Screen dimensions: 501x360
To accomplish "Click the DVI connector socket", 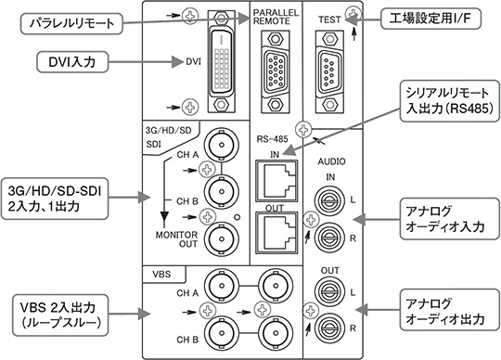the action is pyautogui.click(x=220, y=61).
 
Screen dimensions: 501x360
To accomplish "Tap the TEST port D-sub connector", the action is pyautogui.click(x=329, y=71).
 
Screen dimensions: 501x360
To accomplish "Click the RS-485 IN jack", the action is pyautogui.click(x=276, y=181).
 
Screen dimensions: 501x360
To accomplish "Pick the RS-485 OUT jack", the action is pyautogui.click(x=276, y=231).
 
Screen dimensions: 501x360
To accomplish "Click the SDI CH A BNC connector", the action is pyautogui.click(x=221, y=145).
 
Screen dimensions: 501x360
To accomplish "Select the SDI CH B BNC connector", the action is pyautogui.click(x=221, y=191).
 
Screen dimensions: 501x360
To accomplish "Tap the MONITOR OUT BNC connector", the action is pyautogui.click(x=221, y=238).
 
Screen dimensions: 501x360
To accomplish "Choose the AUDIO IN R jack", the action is pyautogui.click(x=330, y=238).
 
